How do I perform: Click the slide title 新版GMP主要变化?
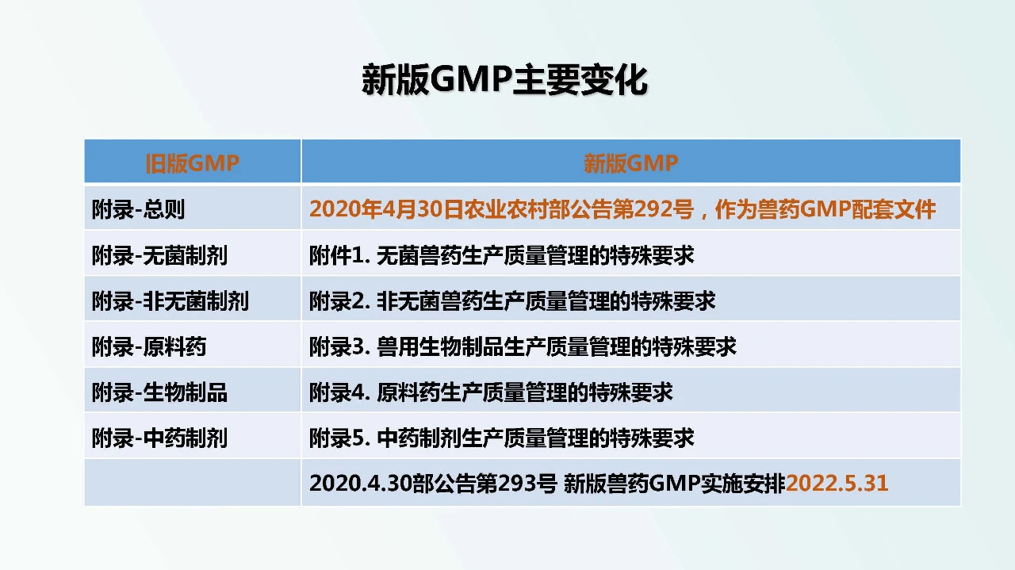[504, 80]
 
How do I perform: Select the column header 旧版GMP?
[192, 163]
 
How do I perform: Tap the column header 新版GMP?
[630, 163]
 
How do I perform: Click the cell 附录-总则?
[138, 209]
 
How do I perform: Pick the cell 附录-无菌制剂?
[159, 255]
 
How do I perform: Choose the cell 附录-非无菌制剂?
[170, 301]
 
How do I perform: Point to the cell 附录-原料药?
[149, 346]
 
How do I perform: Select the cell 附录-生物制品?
[159, 392]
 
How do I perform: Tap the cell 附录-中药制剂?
[159, 438]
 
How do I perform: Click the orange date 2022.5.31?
[837, 484]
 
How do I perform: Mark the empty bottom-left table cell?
[192, 483]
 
